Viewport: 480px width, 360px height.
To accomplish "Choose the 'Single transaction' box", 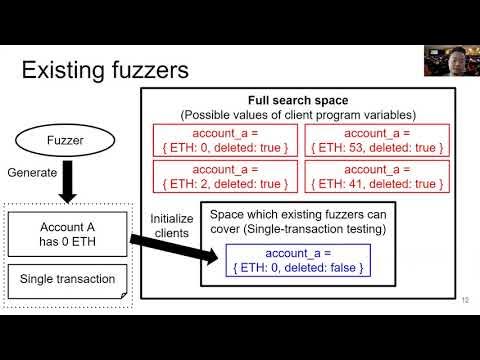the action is point(67,277).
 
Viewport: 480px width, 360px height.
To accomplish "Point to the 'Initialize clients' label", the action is point(171,226).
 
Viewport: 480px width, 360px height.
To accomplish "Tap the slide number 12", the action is point(465,299).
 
